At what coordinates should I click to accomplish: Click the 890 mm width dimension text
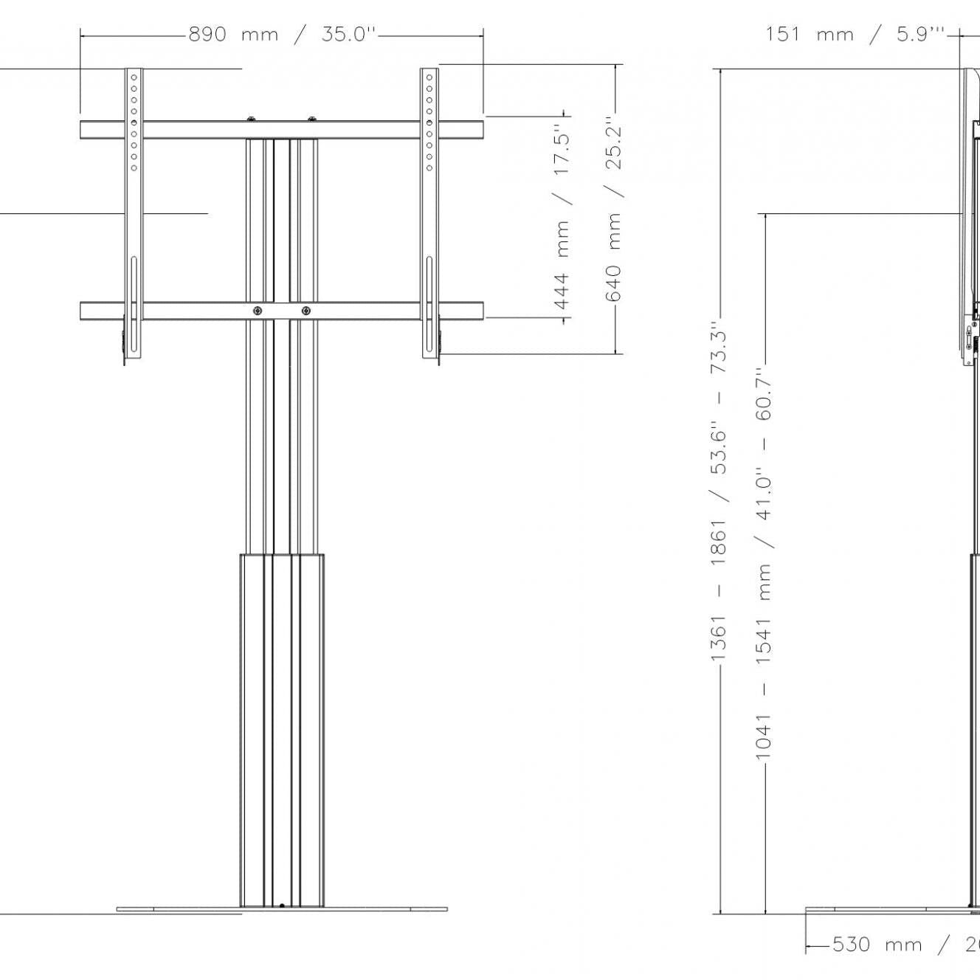point(233,34)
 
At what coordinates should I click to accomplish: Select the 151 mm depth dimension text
point(809,34)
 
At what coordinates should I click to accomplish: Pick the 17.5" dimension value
point(562,153)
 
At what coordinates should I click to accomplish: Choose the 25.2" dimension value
point(613,143)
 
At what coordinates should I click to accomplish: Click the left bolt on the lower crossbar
point(257,311)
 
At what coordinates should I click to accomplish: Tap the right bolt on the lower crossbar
point(306,311)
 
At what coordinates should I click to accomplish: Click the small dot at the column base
point(282,905)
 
